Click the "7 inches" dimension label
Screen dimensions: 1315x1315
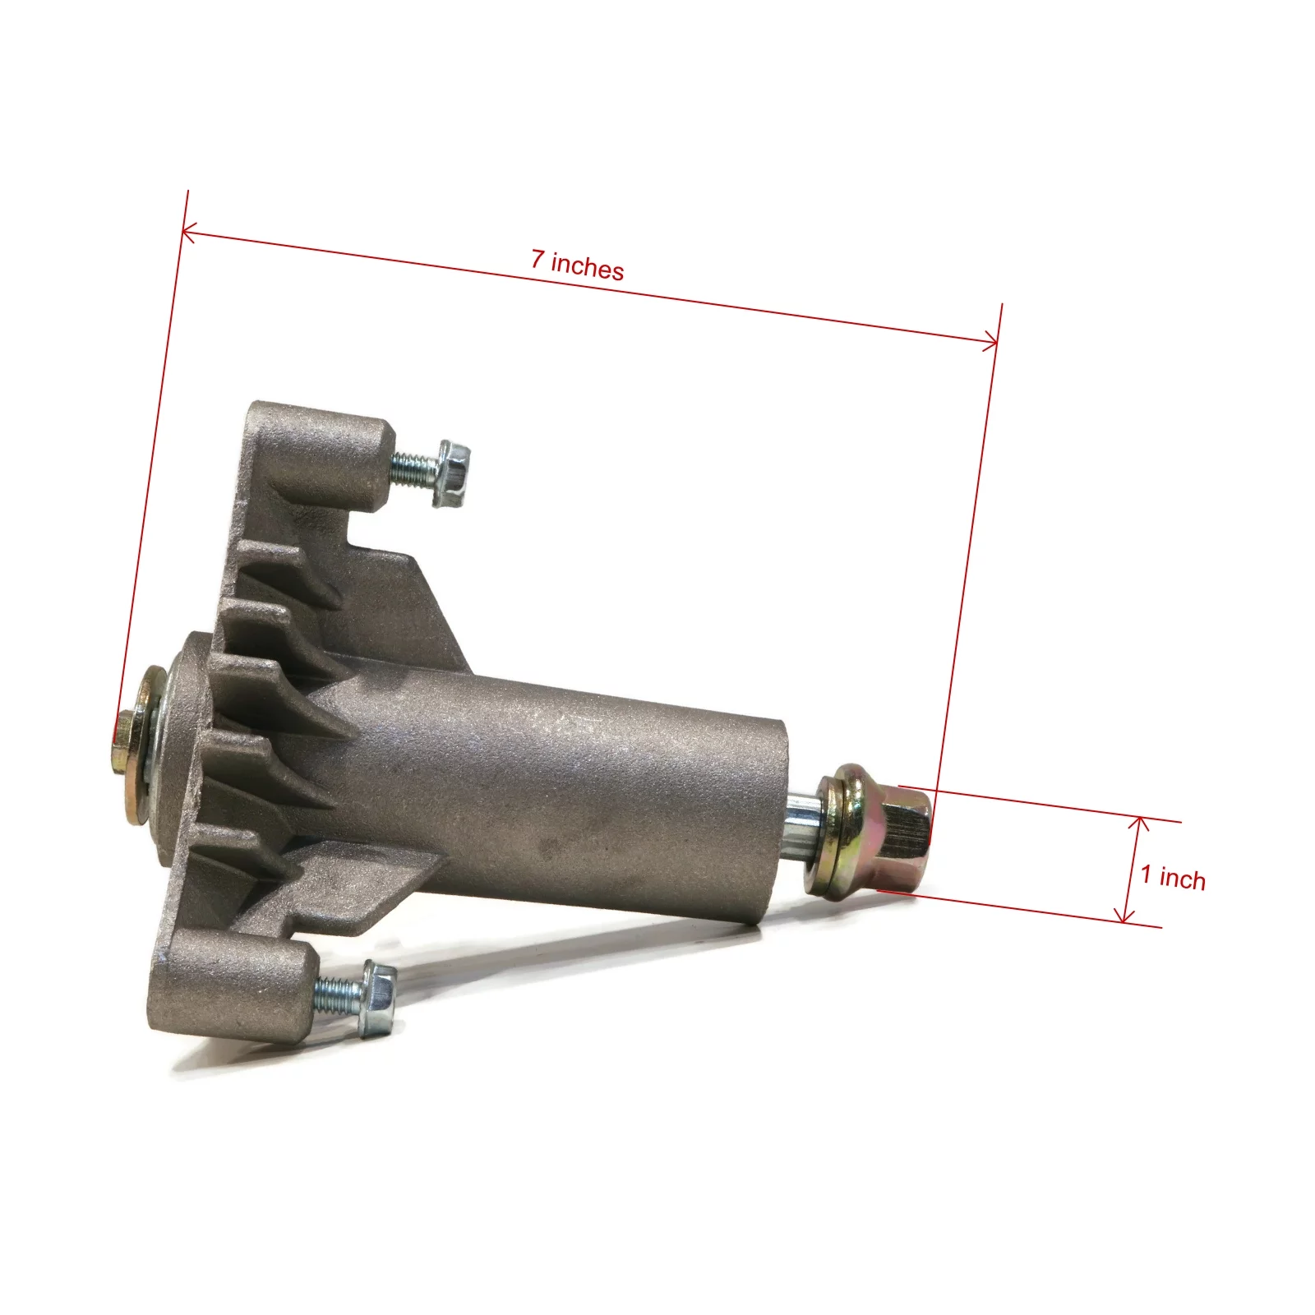pos(577,265)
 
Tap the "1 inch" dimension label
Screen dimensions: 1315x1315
pos(1173,877)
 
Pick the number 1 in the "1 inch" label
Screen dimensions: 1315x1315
pos(1147,874)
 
